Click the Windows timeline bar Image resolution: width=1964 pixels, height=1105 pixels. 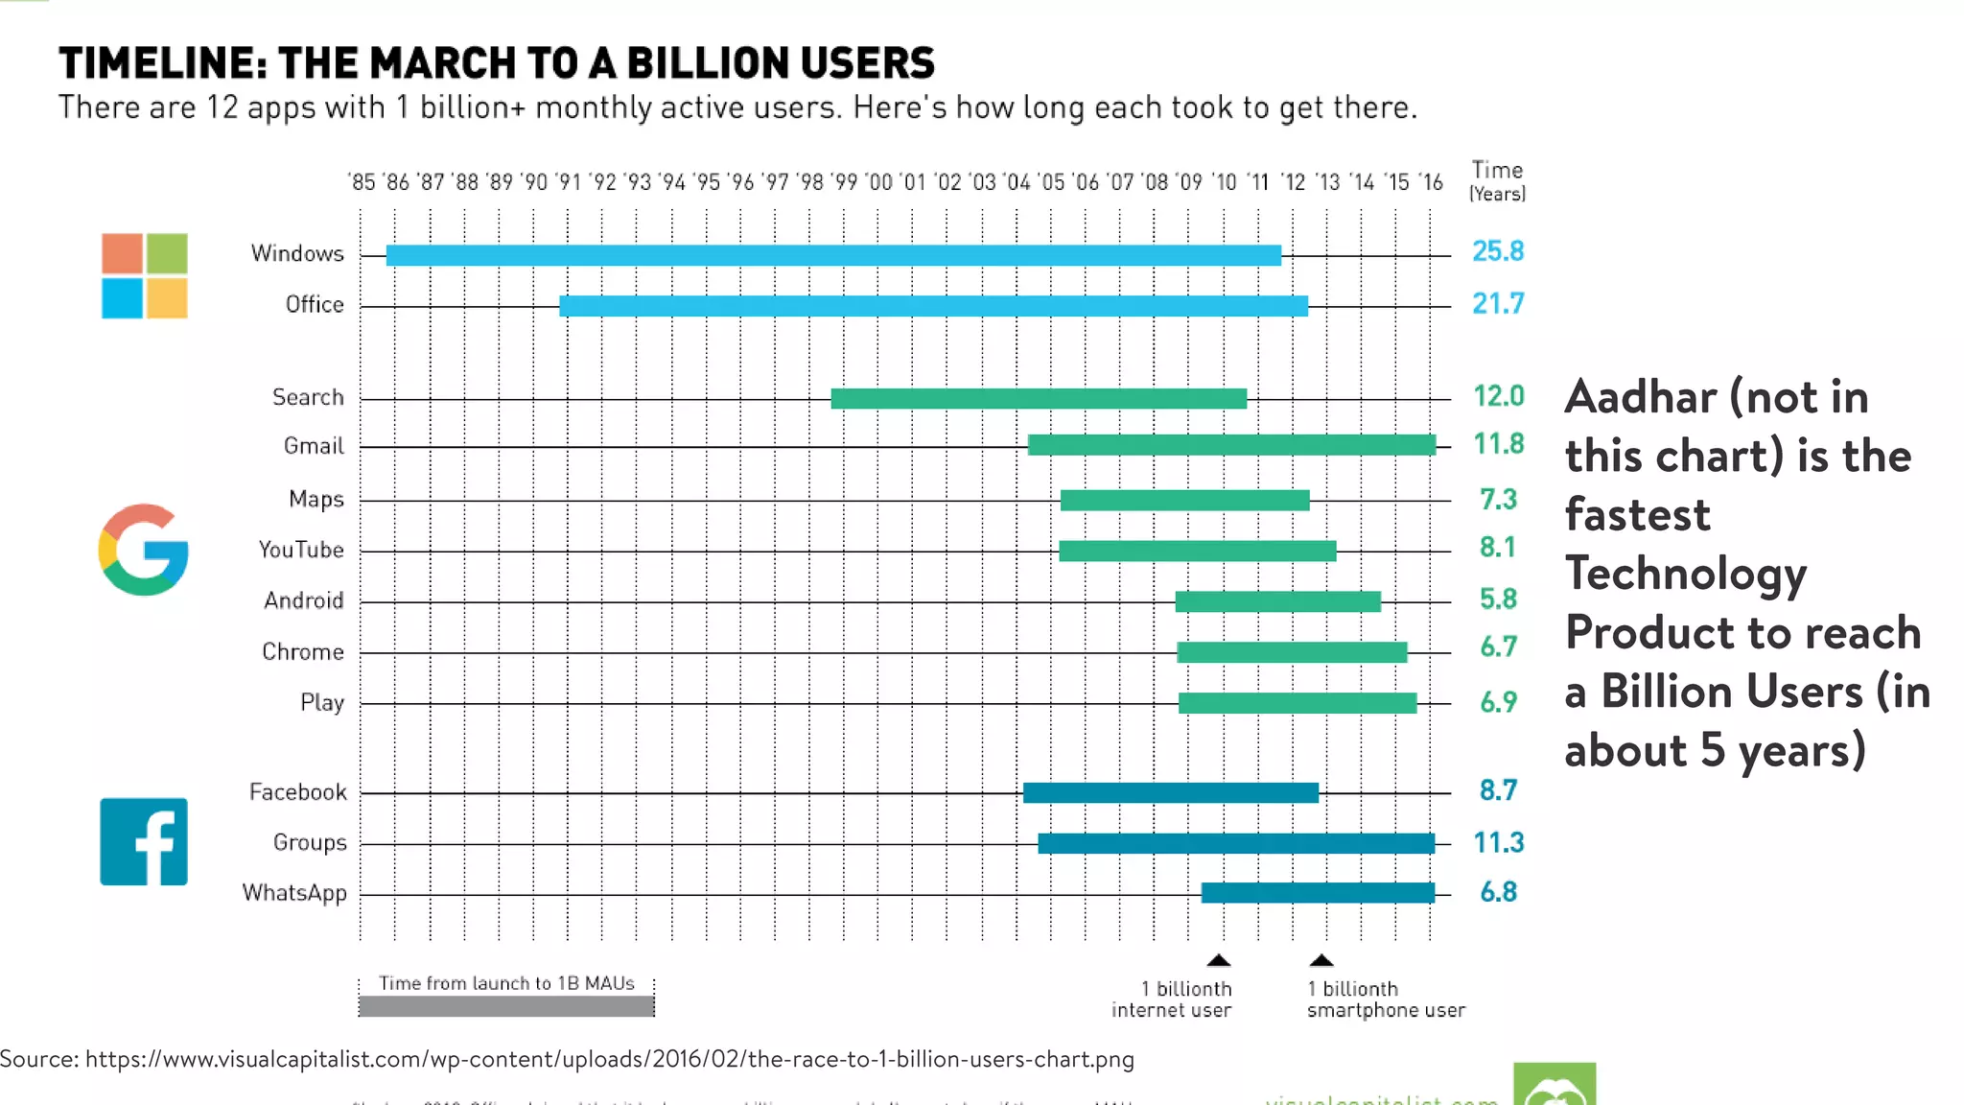tap(833, 255)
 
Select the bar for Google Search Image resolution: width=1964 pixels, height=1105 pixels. tap(1039, 398)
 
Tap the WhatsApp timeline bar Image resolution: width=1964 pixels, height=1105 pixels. tap(1318, 893)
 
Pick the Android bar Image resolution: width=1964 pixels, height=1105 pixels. tap(1277, 601)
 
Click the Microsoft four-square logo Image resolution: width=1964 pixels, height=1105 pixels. tap(144, 275)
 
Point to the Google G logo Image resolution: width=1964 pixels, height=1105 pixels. tap(144, 550)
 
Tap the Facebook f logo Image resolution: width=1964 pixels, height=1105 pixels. tap(144, 841)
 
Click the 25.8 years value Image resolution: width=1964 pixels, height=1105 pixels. tap(1498, 251)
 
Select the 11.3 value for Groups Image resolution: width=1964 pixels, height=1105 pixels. tap(1498, 843)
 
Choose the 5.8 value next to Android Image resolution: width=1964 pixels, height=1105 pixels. tap(1498, 600)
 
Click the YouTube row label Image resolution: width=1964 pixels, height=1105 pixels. tap(300, 550)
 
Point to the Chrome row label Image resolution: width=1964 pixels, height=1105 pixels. tap(302, 652)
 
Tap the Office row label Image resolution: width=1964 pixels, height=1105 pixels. tap(315, 305)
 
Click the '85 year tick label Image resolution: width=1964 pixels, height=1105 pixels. tap(362, 182)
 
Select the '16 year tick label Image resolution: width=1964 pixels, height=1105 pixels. tap(1430, 182)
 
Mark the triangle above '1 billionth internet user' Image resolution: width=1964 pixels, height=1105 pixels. tap(1218, 960)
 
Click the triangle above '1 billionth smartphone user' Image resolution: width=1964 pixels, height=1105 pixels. tap(1321, 960)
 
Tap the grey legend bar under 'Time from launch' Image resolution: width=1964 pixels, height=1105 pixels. tap(506, 1006)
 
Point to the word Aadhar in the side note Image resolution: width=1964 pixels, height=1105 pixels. tap(1640, 397)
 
